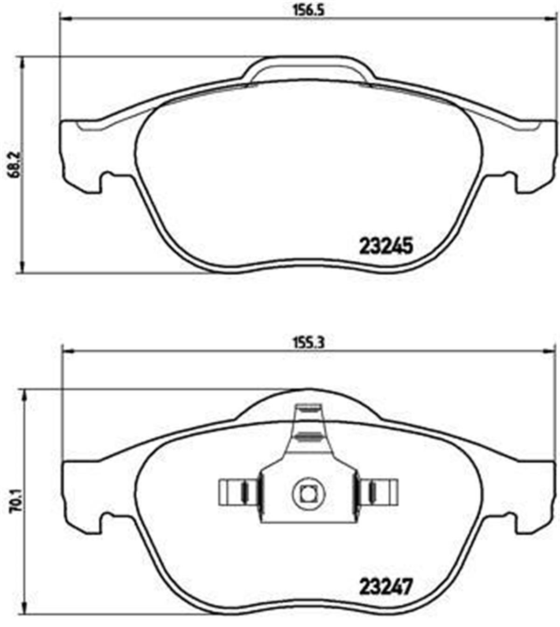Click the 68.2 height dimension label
click(14, 164)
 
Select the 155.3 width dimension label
click(308, 342)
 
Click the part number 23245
click(386, 246)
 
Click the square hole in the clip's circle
click(307, 493)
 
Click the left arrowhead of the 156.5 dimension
click(65, 19)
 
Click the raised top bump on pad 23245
click(308, 68)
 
